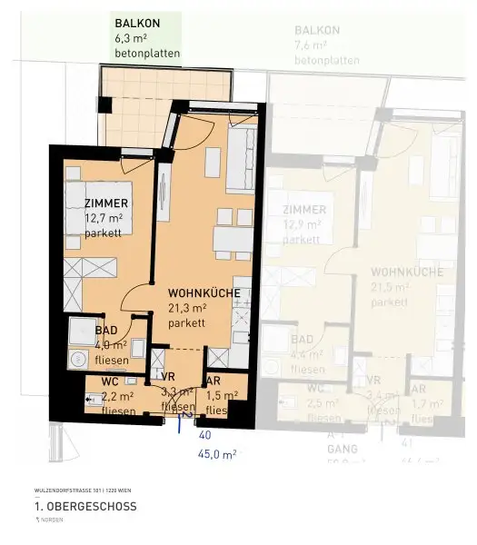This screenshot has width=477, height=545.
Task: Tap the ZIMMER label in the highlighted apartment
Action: pyautogui.click(x=106, y=203)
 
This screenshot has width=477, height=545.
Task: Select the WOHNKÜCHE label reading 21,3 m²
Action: pyautogui.click(x=204, y=293)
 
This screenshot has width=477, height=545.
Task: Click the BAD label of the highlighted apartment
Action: pyautogui.click(x=105, y=331)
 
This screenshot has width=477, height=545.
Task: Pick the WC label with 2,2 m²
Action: pyautogui.click(x=109, y=381)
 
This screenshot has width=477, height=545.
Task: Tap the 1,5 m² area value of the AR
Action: pyautogui.click(x=221, y=396)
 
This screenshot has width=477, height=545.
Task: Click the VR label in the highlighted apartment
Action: pyautogui.click(x=168, y=377)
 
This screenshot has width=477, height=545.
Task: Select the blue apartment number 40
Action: pyautogui.click(x=204, y=435)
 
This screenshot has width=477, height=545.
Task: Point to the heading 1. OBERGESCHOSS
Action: pyautogui.click(x=84, y=506)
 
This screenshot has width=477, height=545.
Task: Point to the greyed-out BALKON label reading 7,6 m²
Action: pyautogui.click(x=317, y=30)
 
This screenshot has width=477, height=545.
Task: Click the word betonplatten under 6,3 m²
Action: pyautogui.click(x=147, y=54)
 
